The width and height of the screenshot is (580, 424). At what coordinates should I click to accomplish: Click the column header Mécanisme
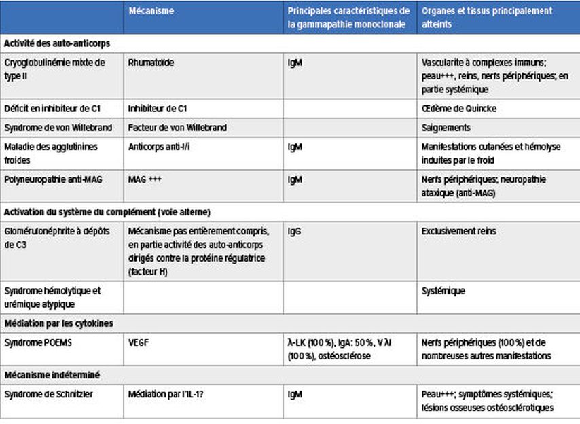(151, 12)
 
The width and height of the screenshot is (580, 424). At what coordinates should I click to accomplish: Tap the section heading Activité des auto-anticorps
(57, 43)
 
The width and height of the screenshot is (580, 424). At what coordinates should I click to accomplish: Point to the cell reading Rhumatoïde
(151, 63)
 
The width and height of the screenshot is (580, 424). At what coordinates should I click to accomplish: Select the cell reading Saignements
(446, 127)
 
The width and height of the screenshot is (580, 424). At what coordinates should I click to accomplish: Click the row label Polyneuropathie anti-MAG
(53, 180)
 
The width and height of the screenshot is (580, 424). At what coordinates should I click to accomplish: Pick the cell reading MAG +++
(145, 180)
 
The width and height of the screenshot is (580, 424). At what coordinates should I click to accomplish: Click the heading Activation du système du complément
(108, 211)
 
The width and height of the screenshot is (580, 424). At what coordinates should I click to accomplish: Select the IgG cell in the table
(295, 232)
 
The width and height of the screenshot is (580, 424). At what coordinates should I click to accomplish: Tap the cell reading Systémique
(443, 291)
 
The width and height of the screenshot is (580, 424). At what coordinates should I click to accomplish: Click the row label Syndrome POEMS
(38, 342)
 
